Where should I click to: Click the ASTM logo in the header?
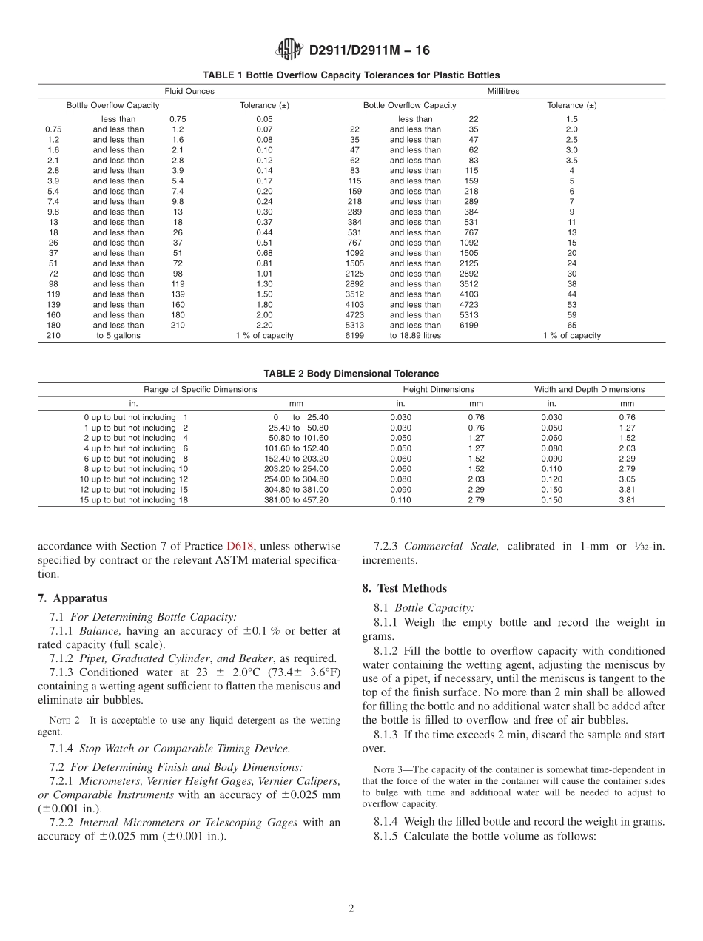(x=289, y=50)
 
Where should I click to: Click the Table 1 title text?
(x=351, y=75)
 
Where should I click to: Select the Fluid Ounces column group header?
(x=189, y=91)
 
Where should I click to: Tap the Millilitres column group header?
(x=502, y=91)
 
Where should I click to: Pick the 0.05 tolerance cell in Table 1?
(x=264, y=119)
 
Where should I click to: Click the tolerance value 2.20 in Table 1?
(x=264, y=325)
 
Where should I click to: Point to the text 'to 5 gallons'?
(x=118, y=335)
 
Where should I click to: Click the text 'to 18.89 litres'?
(x=415, y=335)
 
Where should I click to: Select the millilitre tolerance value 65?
(x=571, y=325)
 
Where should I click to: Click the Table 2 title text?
(x=351, y=374)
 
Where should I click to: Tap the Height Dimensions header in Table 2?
(x=438, y=389)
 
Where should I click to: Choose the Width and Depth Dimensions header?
(x=589, y=389)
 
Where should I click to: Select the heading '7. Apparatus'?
(x=73, y=598)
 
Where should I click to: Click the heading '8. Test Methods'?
(x=404, y=588)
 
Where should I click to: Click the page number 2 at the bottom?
(x=351, y=909)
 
